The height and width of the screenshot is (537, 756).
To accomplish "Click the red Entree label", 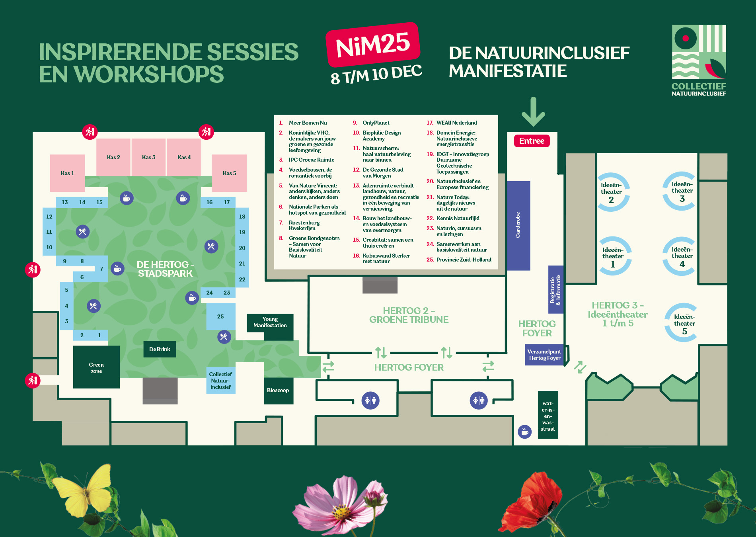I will [x=532, y=141].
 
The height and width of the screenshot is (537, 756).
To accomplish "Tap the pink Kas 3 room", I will [x=148, y=157].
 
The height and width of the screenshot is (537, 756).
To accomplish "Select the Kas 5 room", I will [x=229, y=173].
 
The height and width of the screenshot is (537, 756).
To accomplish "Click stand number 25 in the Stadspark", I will [x=220, y=316].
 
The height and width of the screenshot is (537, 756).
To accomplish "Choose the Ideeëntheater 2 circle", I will [x=612, y=192].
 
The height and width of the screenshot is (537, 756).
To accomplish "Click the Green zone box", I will [x=96, y=367].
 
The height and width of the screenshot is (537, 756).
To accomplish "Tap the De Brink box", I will [x=160, y=349].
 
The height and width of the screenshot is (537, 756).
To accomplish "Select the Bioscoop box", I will [x=278, y=391].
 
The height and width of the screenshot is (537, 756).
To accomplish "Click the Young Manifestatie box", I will [x=270, y=322].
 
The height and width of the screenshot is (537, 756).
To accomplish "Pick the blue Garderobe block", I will [x=518, y=225].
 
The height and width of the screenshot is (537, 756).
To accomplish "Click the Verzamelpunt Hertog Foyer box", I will [x=544, y=355].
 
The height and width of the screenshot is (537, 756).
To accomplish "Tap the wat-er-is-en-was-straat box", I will [x=548, y=415].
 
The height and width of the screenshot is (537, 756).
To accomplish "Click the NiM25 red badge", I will [x=373, y=45].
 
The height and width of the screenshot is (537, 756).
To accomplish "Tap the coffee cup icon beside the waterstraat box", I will [x=524, y=432].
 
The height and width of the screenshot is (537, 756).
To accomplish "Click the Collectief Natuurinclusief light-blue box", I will [x=220, y=380].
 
